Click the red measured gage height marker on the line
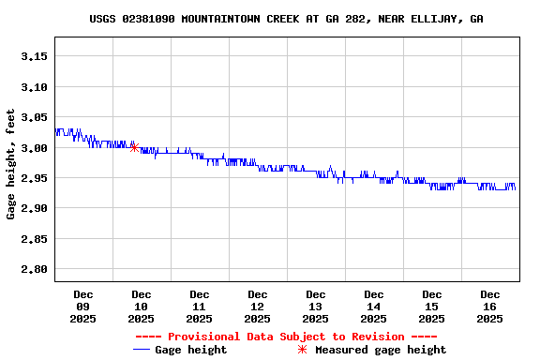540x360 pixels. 134,147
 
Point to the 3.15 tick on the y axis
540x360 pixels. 34,56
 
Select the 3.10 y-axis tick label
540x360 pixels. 34,87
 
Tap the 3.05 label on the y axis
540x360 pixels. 34,117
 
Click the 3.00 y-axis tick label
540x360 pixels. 34,148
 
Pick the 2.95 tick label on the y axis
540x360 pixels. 34,178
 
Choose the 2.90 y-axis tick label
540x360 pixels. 34,208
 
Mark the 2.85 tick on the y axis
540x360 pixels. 34,239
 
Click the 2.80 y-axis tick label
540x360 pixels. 34,270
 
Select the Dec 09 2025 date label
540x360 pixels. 83,307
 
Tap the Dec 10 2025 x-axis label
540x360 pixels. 142,307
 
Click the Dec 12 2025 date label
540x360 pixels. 258,307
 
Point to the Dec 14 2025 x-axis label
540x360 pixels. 374,307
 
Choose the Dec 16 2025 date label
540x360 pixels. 490,307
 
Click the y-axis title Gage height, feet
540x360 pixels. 11,165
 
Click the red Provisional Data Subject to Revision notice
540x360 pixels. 286,337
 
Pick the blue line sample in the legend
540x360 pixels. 142,350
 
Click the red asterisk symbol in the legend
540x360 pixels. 302,350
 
